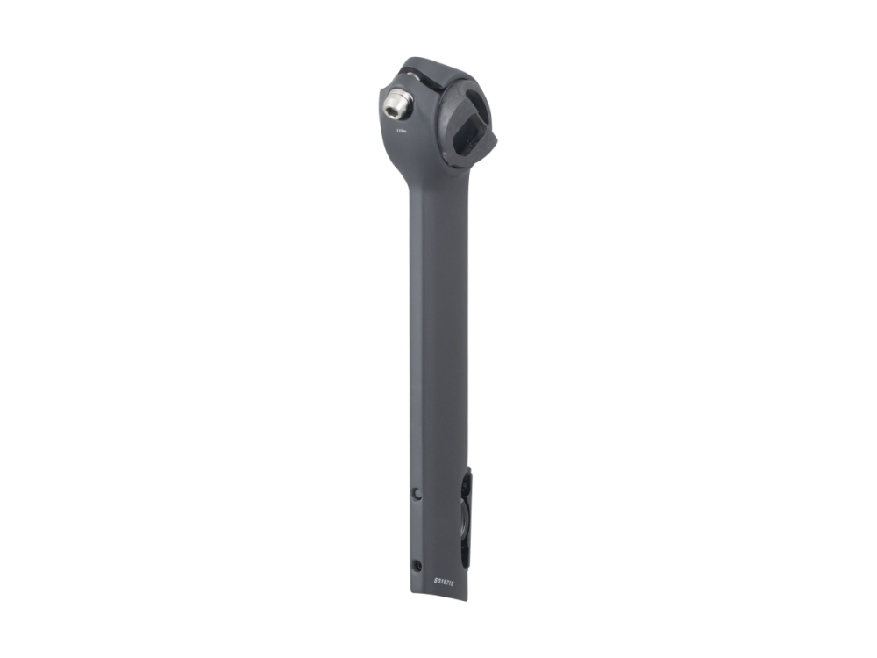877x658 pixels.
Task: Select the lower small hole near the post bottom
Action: [417, 564]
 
